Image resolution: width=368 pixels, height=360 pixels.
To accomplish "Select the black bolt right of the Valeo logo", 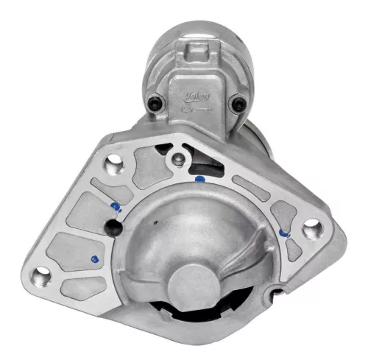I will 236,104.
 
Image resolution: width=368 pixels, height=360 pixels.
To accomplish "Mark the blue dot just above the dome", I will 199,178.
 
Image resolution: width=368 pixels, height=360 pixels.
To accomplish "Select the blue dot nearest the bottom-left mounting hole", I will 93,259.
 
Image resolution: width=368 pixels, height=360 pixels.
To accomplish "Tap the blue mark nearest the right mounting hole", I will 284,235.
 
